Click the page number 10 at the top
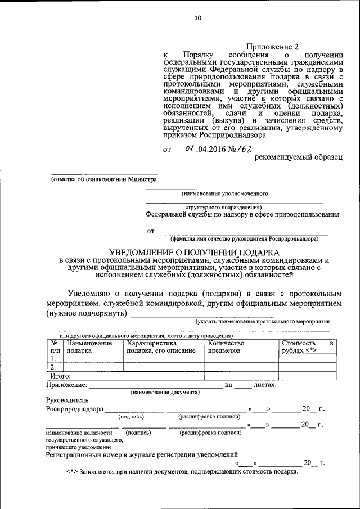tap(197, 18)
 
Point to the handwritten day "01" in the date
tap(190, 150)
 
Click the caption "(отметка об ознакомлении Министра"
tap(104, 179)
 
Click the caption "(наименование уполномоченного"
tap(224, 193)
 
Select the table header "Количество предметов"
tap(226, 346)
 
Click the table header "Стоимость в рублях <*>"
tap(307, 346)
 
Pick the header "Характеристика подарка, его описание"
tap(161, 346)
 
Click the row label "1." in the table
tap(53, 358)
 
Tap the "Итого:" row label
tap(60, 376)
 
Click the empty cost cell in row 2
tap(307, 367)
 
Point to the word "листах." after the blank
tap(265, 385)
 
